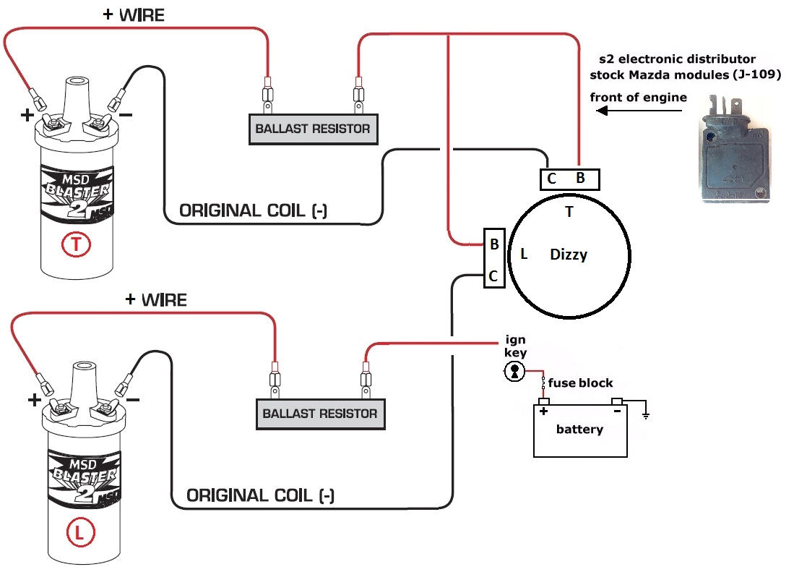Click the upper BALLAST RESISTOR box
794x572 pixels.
point(312,129)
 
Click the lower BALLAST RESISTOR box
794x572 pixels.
point(319,414)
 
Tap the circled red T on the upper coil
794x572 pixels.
point(77,246)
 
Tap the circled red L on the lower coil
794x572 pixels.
point(79,534)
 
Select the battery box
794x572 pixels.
point(580,430)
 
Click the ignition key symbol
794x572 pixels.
point(514,372)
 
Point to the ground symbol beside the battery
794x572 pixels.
point(645,416)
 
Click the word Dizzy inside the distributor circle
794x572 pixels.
point(569,255)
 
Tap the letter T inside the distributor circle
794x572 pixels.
point(569,212)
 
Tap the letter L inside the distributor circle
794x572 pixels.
point(524,254)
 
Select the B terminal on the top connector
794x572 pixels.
point(580,179)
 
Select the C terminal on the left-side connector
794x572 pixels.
point(493,276)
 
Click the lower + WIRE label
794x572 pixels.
point(156,299)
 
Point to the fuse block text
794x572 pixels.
point(580,383)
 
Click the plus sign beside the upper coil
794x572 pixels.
point(27,115)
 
